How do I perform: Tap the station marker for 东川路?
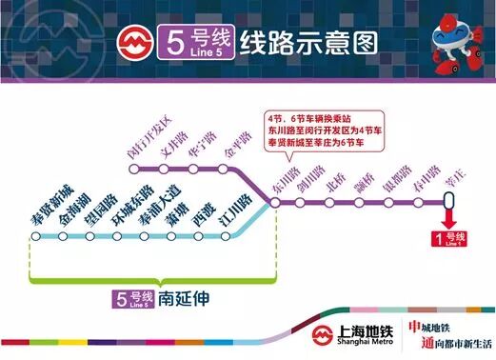[x=277, y=201]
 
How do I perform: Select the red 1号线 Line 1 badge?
[x=448, y=238]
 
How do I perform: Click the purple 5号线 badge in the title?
[x=193, y=44]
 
